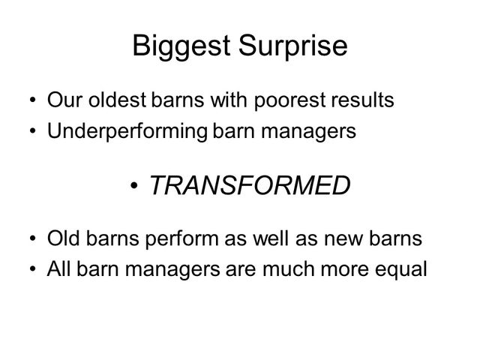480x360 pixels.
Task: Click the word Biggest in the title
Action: click(x=181, y=46)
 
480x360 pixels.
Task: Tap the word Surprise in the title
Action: click(x=293, y=46)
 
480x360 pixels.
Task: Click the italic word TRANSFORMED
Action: click(x=250, y=185)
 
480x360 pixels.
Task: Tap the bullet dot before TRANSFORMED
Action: click(x=133, y=185)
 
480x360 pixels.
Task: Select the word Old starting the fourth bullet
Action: click(x=63, y=238)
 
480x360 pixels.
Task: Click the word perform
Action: click(x=181, y=238)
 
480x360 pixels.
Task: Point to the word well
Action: click(x=270, y=238)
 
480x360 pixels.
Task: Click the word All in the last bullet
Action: click(x=58, y=269)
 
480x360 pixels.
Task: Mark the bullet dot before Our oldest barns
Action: click(x=33, y=100)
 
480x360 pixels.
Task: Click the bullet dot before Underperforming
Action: click(x=33, y=130)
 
